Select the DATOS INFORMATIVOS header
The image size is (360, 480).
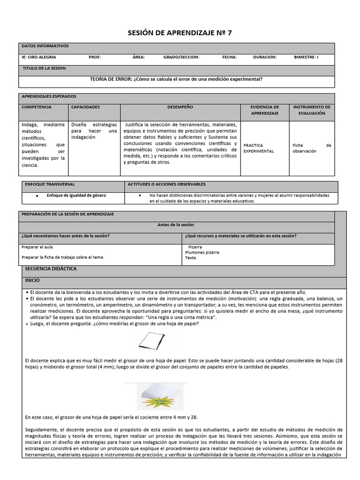(45, 46)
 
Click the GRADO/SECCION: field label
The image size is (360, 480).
(181, 57)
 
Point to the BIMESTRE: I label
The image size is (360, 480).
(306, 57)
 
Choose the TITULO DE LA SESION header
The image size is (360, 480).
(44, 68)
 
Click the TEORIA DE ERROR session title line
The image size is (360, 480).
(176, 79)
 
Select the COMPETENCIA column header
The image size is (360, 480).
(37, 107)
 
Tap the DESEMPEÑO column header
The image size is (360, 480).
(180, 107)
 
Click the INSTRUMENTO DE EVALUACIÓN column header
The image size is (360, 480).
(311, 110)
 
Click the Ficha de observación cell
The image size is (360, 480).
(311, 148)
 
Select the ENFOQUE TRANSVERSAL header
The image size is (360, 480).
(50, 185)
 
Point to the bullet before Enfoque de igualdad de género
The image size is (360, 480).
(37, 195)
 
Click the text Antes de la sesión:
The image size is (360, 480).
(176, 225)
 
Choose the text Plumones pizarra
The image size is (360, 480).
(202, 252)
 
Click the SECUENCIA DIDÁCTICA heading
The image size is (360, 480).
(51, 269)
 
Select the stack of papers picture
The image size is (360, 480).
(157, 396)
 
